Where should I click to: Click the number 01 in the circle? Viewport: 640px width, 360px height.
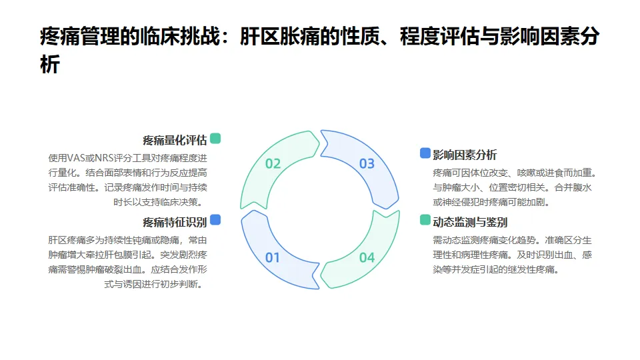pos(273,257)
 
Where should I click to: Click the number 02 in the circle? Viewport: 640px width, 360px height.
pos(273,163)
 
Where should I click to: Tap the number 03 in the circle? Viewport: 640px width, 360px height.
pos(367,163)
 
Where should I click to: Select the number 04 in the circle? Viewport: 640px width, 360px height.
pos(367,257)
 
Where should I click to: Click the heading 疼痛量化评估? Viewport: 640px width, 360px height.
pos(175,140)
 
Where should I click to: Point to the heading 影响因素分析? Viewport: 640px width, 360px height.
pos(465,155)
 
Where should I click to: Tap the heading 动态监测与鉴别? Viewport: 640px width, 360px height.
pos(470,222)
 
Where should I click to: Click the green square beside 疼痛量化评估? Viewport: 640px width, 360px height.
pos(215,139)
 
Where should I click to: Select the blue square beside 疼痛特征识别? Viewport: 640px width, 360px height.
pos(215,220)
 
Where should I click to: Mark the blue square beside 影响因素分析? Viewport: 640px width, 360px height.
pos(425,153)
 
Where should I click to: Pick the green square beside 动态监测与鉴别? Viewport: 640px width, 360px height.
pos(425,220)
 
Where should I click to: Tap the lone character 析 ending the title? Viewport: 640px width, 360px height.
pos(50,65)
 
